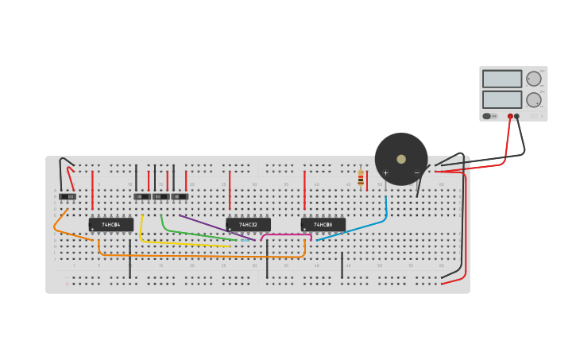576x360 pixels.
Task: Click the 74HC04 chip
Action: (x=110, y=225)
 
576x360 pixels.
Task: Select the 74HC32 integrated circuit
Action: (x=248, y=225)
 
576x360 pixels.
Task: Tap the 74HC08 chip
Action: (x=323, y=225)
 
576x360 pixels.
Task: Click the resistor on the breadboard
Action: (x=361, y=178)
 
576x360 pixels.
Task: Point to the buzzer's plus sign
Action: (x=386, y=172)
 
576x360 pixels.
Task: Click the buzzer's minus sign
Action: (x=416, y=172)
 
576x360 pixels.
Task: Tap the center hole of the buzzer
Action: (x=401, y=159)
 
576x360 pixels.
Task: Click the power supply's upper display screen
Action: (x=501, y=79)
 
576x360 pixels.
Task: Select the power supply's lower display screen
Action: (x=501, y=99)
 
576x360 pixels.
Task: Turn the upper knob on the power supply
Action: (x=533, y=79)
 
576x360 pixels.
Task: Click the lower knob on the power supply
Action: (x=533, y=99)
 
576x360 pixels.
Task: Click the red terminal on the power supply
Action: (x=510, y=116)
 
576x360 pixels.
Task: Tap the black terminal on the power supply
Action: (x=516, y=116)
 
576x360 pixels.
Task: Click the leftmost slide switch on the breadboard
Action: (x=68, y=196)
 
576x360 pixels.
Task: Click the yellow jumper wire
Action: (x=183, y=243)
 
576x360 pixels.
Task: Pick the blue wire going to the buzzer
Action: (x=358, y=228)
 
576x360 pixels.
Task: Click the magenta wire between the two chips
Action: (x=286, y=234)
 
